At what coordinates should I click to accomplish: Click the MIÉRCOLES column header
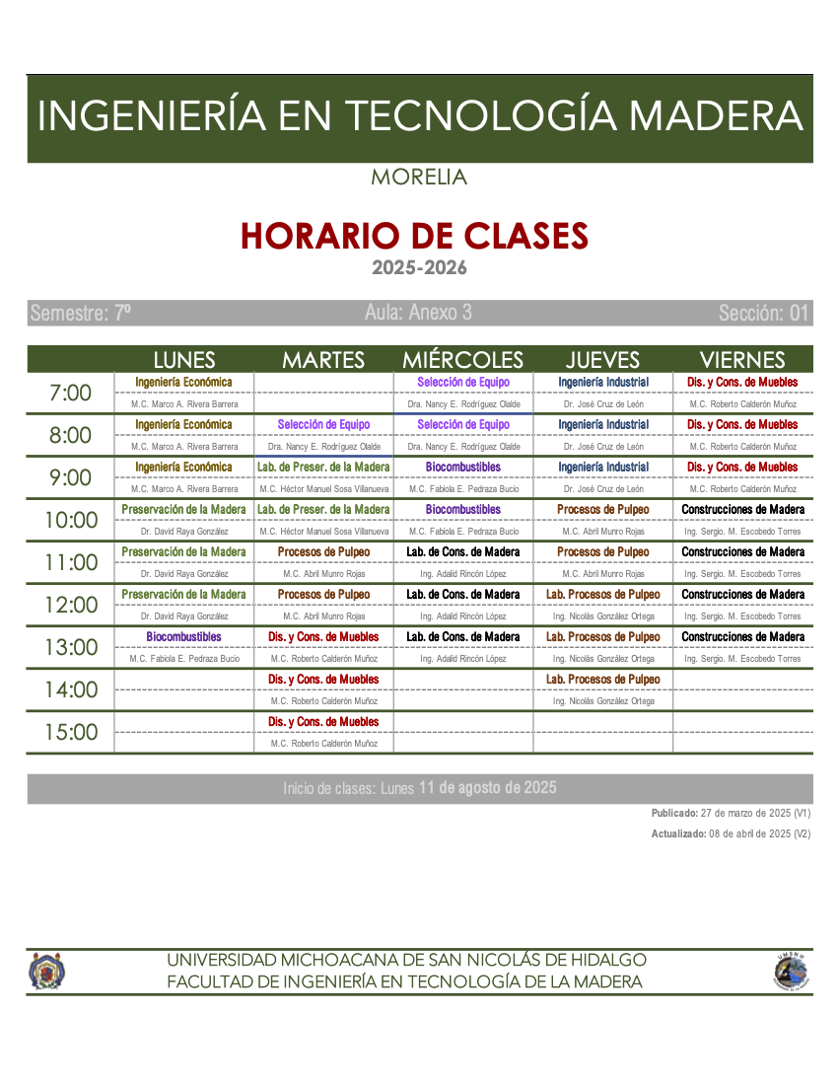[462, 360]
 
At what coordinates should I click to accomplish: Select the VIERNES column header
[741, 360]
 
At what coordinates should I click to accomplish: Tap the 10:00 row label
[71, 521]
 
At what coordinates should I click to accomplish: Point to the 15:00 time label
[71, 733]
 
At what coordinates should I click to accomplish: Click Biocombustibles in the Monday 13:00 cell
[184, 637]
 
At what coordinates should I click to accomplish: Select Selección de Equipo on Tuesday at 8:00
[323, 425]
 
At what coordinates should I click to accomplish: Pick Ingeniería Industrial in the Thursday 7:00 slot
[603, 383]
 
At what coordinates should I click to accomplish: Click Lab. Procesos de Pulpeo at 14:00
[603, 680]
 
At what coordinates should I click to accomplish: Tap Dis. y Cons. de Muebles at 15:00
[323, 722]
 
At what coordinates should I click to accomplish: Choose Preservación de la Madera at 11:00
[184, 552]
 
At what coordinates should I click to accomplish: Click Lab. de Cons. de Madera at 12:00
[463, 595]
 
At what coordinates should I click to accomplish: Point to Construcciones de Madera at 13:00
[742, 637]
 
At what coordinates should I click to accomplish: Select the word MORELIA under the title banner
[419, 179]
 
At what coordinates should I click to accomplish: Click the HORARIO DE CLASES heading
[414, 237]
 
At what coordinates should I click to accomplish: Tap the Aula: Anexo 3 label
[418, 313]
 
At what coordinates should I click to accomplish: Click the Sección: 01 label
[763, 314]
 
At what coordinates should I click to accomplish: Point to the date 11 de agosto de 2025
[487, 787]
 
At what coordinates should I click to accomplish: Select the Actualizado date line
[731, 833]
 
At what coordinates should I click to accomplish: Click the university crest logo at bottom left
[46, 971]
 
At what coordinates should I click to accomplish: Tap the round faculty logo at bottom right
[791, 972]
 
